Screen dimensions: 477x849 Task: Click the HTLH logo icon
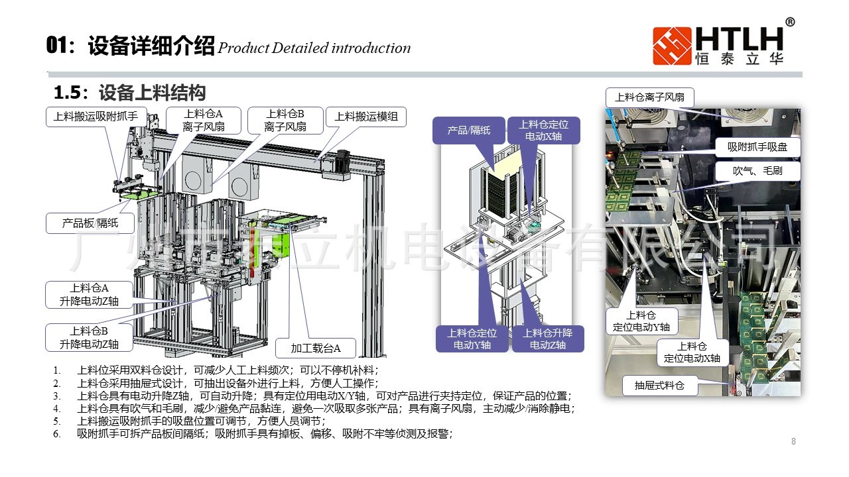[672, 46]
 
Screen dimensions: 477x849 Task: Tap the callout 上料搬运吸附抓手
[96, 117]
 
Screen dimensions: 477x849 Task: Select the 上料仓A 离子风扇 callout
[203, 120]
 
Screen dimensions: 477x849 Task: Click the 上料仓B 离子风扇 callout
[285, 120]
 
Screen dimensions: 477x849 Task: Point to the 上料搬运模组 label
[366, 117]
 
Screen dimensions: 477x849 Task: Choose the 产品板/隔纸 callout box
[90, 223]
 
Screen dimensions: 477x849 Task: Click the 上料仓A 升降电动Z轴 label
[90, 294]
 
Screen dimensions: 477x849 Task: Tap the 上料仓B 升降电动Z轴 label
[90, 337]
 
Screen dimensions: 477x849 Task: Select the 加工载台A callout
[316, 348]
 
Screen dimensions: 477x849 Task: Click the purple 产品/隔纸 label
[468, 131]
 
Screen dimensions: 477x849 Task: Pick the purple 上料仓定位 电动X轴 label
[543, 130]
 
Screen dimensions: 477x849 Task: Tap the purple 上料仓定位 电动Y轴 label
[472, 339]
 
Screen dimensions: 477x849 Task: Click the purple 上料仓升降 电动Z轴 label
[547, 339]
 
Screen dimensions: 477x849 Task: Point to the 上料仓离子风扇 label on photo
[650, 97]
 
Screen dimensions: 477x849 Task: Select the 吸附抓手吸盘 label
[757, 147]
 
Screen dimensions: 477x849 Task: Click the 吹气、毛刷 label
[757, 171]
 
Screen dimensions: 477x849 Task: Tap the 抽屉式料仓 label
[659, 385]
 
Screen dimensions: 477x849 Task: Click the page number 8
[793, 441]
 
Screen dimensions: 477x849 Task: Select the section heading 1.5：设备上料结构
[129, 92]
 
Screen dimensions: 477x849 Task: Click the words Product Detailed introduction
[314, 48]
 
